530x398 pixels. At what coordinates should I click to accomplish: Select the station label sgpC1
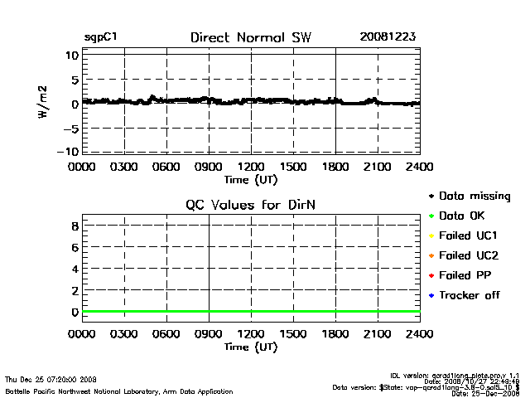point(101,38)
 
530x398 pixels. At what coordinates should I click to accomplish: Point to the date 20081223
point(388,37)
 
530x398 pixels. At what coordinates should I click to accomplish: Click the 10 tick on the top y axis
point(73,55)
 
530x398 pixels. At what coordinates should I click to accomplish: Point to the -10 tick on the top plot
point(70,151)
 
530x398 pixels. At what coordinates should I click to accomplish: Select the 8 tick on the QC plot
point(75,226)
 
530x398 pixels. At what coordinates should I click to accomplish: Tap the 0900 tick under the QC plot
point(208,335)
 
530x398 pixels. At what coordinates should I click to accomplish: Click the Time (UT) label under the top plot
point(251,179)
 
